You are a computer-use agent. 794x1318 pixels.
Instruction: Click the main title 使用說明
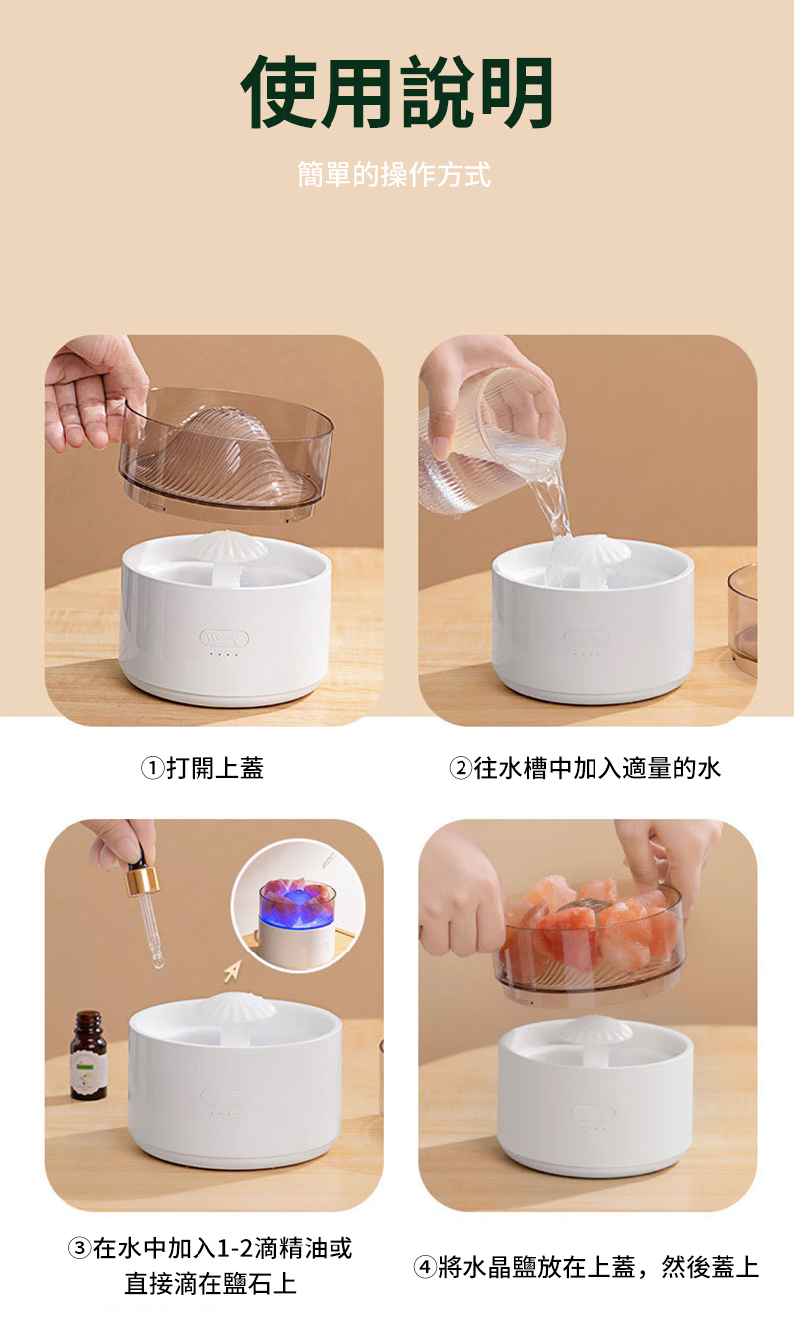click(397, 91)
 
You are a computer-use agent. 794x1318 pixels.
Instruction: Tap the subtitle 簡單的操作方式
click(394, 176)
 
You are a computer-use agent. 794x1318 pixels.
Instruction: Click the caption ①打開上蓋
click(201, 768)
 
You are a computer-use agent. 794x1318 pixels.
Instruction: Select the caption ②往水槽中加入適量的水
click(585, 768)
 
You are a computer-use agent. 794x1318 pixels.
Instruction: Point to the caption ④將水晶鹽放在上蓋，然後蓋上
click(586, 1267)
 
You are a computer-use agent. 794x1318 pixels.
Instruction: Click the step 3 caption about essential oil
click(210, 1265)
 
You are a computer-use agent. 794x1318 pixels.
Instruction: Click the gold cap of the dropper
click(142, 880)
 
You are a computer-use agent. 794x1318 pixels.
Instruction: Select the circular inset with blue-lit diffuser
click(298, 907)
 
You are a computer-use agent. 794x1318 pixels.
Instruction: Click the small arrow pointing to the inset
click(232, 970)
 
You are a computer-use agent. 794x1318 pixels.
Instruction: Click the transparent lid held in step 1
click(228, 452)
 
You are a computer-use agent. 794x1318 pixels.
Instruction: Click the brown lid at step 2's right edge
click(743, 616)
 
